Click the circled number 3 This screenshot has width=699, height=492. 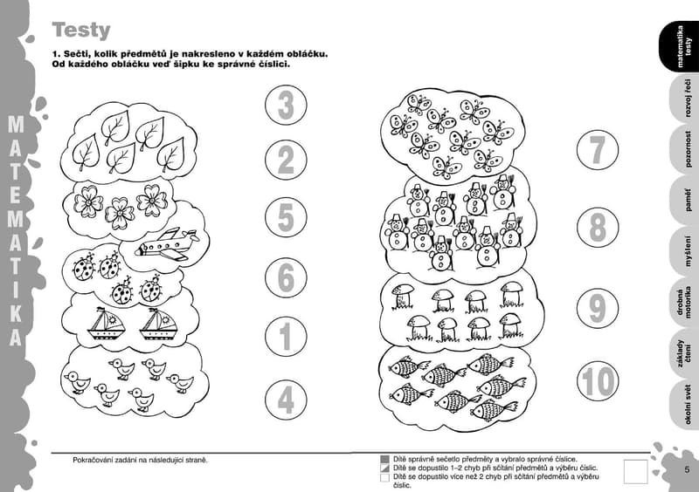[286, 106]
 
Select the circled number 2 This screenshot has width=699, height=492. [286, 161]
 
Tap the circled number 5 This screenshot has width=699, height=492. [286, 218]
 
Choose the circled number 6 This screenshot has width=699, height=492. [286, 277]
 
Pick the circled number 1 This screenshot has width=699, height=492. [286, 337]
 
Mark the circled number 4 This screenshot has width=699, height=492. [286, 400]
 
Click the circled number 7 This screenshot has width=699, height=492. [598, 149]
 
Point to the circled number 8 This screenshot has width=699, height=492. [598, 227]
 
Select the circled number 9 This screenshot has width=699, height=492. [598, 308]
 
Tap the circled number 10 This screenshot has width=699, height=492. [598, 382]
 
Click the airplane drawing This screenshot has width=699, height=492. [167, 244]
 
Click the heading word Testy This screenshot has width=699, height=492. [81, 31]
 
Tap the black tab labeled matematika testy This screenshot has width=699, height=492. [679, 46]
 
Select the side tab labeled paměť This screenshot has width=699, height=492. [684, 200]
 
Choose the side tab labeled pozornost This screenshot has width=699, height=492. [684, 149]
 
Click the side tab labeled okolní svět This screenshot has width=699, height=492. [684, 404]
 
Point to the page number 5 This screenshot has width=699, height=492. [687, 469]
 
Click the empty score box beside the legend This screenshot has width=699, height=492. [635, 471]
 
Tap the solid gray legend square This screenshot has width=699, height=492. [384, 459]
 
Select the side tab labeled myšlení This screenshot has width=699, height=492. [684, 251]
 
